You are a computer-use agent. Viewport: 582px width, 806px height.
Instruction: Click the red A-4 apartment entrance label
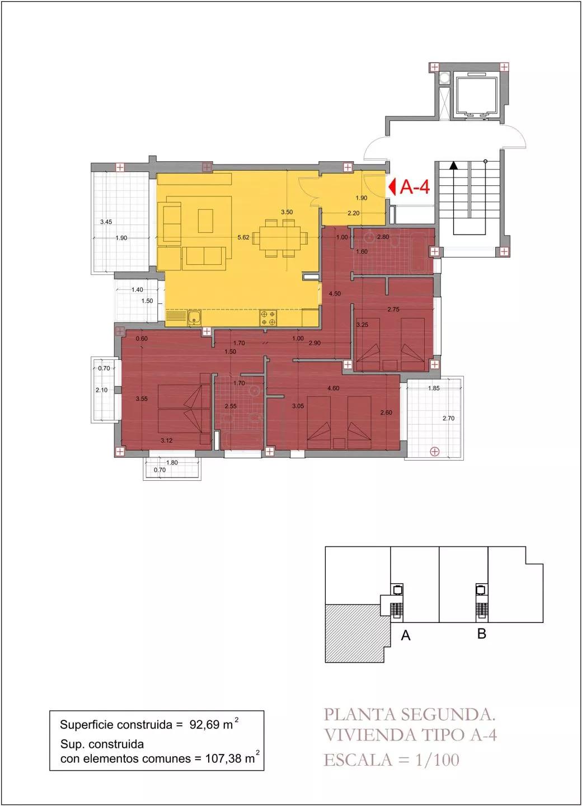point(415,187)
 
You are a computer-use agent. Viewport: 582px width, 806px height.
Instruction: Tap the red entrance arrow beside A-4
point(392,187)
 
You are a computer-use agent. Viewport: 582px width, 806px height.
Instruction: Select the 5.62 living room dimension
point(243,237)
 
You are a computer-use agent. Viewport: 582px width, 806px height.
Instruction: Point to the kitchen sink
point(194,318)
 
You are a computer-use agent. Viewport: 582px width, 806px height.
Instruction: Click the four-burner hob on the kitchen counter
point(268,318)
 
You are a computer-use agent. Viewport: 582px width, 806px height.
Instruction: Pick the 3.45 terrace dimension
point(106,222)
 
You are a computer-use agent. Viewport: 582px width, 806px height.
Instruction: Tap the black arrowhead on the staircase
point(454,165)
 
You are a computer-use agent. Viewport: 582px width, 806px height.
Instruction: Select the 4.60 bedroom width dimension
point(333,388)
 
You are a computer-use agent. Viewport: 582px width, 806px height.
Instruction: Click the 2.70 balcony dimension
point(448,418)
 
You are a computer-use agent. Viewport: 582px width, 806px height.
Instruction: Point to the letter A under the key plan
point(406,636)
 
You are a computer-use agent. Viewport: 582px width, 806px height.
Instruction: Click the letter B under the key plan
point(482,634)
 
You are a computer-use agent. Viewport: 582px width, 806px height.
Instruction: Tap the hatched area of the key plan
point(354,633)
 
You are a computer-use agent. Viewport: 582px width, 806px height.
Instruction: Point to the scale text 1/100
point(438,760)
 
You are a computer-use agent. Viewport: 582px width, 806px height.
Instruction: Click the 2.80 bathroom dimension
point(383,237)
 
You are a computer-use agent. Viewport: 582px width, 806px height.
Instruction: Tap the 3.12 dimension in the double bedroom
point(167,440)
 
